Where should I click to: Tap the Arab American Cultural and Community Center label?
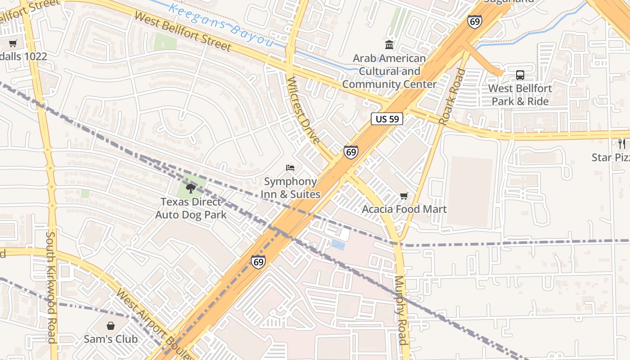coord(389,71)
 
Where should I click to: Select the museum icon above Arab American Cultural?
coord(389,45)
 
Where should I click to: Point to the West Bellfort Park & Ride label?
coord(520,94)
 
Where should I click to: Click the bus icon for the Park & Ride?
coord(520,75)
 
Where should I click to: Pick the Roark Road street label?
coord(451,97)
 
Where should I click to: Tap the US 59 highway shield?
coord(387,119)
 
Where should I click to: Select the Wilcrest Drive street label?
coord(303,110)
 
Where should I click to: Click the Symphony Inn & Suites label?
coord(291,188)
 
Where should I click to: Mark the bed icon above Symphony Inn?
coord(291,168)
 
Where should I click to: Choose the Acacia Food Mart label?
coord(404,209)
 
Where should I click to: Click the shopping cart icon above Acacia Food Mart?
coord(404,196)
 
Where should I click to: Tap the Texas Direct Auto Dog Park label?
coord(191,208)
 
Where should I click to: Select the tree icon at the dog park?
coord(191,188)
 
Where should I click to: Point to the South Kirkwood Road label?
coord(51,287)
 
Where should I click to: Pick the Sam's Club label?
coord(111,339)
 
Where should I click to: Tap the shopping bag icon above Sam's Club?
coord(111,325)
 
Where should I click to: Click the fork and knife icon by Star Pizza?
coord(622,144)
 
